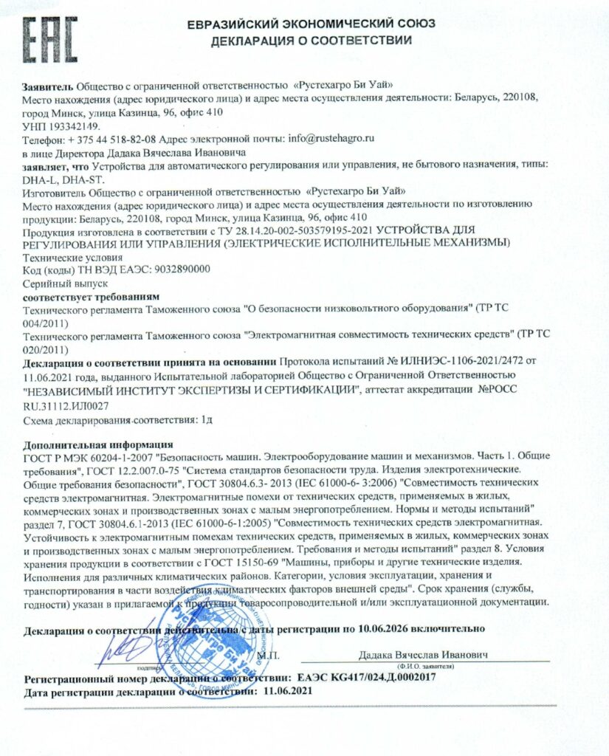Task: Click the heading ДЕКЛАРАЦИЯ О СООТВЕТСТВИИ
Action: click(311, 41)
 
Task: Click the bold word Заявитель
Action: click(48, 86)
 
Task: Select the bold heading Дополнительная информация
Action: click(97, 445)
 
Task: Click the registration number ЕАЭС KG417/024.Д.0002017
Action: click(365, 677)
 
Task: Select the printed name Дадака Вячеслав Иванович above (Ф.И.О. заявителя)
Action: click(423, 655)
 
